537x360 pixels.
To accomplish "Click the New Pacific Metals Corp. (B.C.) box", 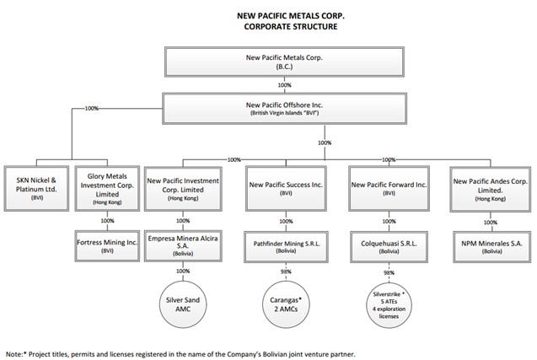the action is click(x=284, y=62).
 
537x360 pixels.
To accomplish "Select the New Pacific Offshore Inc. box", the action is click(x=284, y=109).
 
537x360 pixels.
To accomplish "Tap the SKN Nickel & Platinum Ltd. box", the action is click(x=36, y=188).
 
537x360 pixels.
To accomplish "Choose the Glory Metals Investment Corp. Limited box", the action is click(x=107, y=188).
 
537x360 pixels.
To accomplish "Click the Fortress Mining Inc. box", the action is click(x=107, y=246).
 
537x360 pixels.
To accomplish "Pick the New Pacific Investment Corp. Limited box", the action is click(x=183, y=189).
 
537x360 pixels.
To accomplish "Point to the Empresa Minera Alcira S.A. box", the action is click(x=183, y=246).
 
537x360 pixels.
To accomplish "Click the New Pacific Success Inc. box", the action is click(x=286, y=188).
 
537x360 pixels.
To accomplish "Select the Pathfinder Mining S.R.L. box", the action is click(x=286, y=247).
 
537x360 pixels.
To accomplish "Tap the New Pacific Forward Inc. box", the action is click(x=389, y=188).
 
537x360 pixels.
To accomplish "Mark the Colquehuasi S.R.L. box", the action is click(x=389, y=247).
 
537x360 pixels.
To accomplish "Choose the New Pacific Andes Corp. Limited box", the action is click(x=491, y=190).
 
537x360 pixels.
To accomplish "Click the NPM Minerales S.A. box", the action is click(x=491, y=247).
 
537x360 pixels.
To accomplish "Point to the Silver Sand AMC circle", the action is click(x=183, y=304).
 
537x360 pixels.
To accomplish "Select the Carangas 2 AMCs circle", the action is click(x=286, y=304).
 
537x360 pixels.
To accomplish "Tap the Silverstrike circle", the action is click(x=389, y=305).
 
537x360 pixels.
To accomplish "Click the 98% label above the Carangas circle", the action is click(x=286, y=271).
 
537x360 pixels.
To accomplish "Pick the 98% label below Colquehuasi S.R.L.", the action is click(x=389, y=272).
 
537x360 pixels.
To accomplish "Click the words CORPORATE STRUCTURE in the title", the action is click(x=291, y=26).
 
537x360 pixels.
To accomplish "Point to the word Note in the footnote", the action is click(x=14, y=354).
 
